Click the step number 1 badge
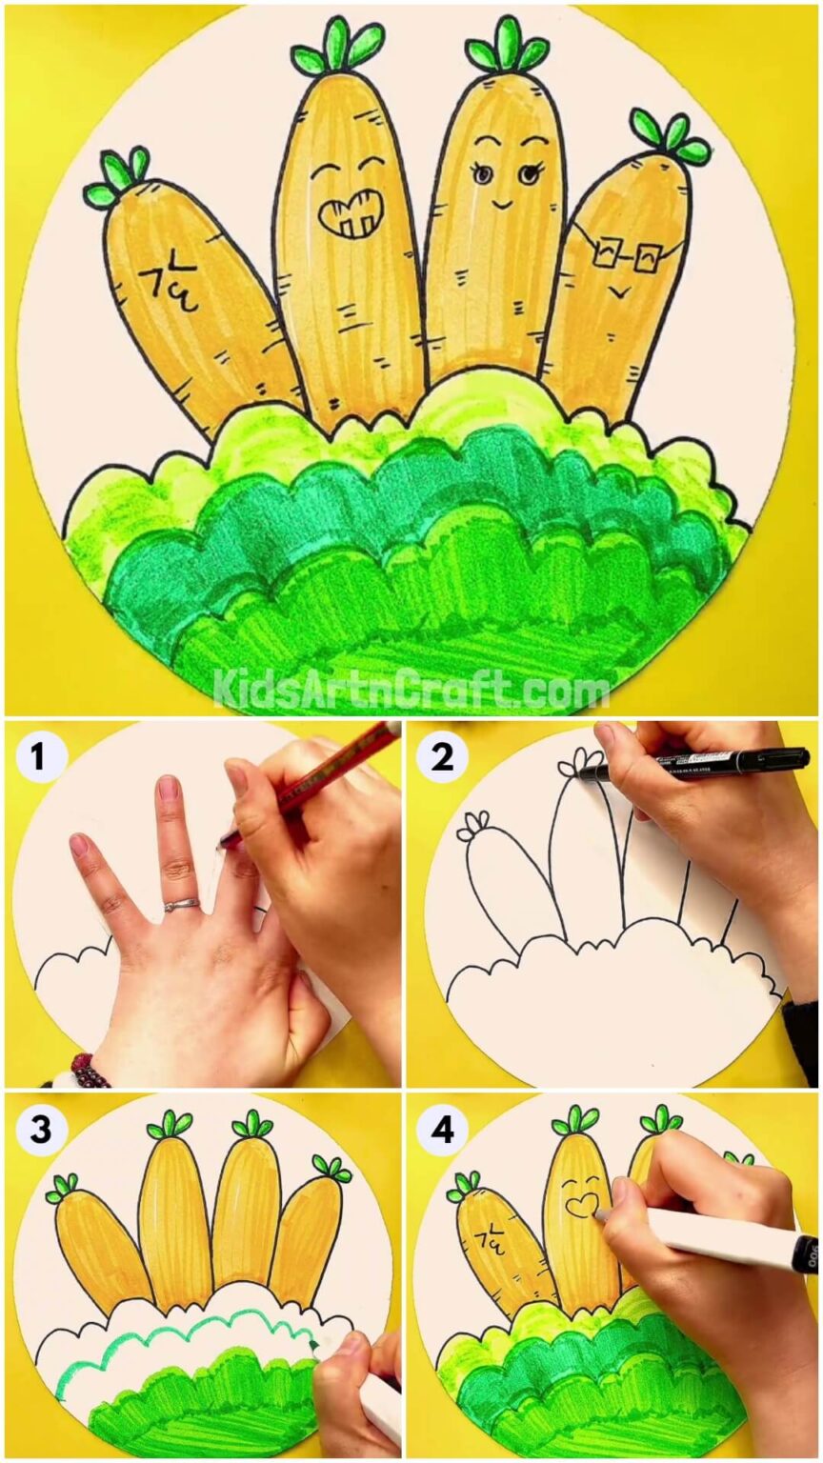point(37,758)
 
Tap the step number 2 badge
point(441,758)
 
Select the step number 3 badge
point(37,1131)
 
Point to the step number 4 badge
point(441,1131)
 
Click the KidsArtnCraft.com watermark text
point(411,688)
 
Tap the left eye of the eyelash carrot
point(483,174)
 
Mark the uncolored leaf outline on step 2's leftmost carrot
point(473,827)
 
